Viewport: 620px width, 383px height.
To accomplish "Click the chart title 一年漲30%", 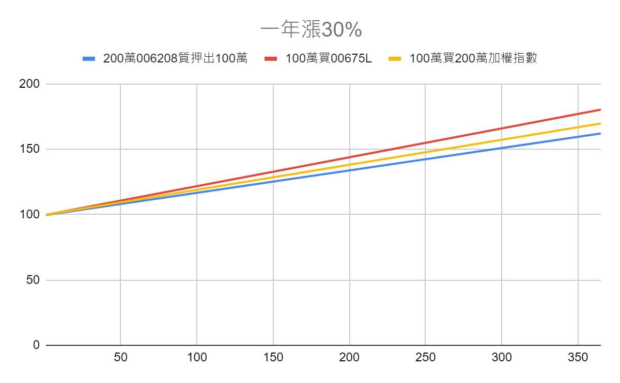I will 311,30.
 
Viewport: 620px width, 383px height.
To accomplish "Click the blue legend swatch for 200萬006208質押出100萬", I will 89,58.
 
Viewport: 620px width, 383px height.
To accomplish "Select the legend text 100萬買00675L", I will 328,58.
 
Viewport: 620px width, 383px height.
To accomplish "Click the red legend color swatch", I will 272,58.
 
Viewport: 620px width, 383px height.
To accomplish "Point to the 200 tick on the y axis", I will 29,84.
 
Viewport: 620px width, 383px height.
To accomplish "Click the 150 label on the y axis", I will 29,149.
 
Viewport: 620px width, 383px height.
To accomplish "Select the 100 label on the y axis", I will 29,214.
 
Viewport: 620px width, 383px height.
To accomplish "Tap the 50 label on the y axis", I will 32,280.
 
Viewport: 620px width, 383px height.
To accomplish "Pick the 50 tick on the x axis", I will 120,357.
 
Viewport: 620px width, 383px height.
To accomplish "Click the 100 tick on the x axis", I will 197,357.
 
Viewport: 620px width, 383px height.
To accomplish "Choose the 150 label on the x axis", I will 273,357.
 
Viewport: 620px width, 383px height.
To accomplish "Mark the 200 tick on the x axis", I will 349,357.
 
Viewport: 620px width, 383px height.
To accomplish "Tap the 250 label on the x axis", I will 425,357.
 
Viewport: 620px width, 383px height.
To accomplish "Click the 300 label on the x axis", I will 502,357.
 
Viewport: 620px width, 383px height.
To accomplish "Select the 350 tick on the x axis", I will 578,357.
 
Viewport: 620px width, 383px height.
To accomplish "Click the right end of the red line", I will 600,109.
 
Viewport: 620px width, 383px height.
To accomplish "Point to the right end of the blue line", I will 600,133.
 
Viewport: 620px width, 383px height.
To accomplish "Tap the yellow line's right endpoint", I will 600,123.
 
